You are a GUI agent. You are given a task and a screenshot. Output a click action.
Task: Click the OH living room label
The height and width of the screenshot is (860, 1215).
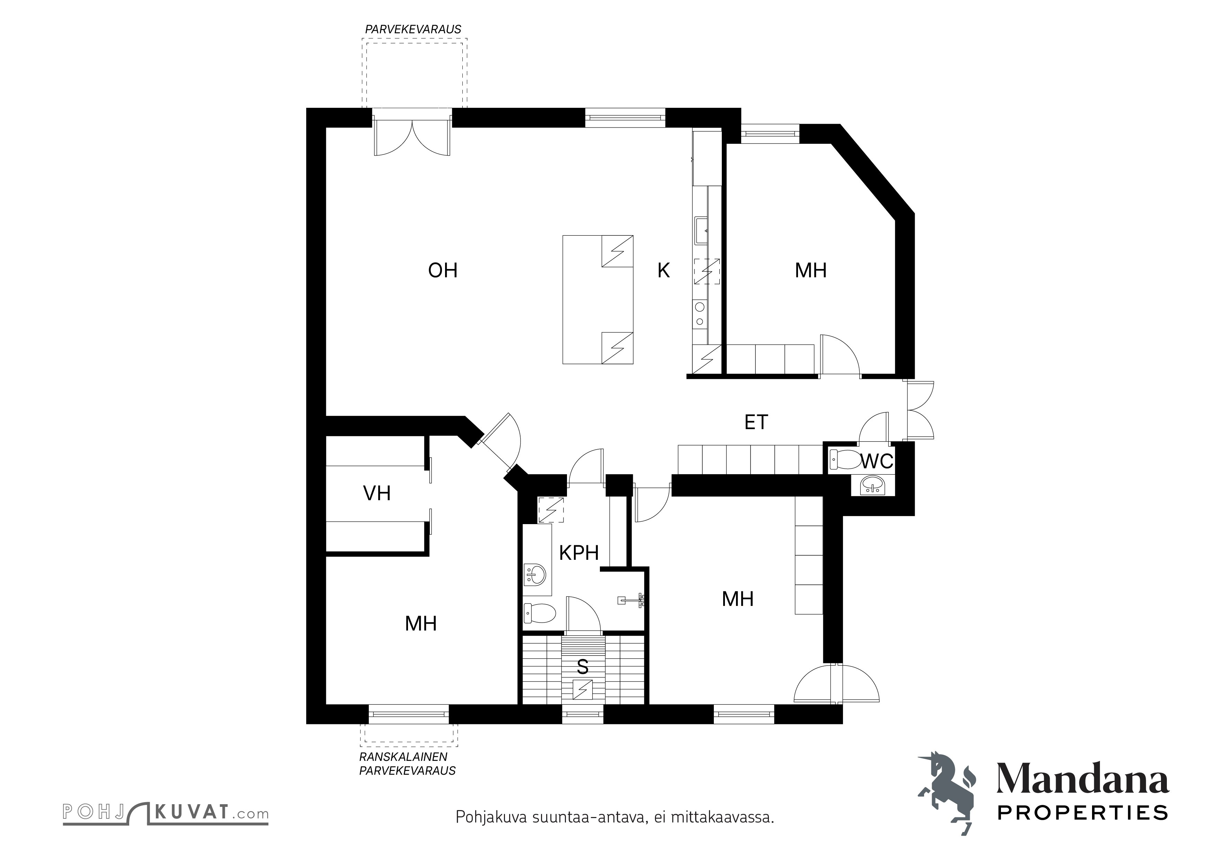(442, 271)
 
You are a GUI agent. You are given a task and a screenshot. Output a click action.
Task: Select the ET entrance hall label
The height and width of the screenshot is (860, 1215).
(756, 422)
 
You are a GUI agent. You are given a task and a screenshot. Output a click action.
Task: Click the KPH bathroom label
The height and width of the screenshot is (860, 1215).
(579, 553)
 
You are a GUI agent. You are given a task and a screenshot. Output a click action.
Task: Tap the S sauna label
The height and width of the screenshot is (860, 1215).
(583, 667)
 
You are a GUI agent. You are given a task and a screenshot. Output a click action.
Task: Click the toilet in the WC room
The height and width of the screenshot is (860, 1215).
(846, 459)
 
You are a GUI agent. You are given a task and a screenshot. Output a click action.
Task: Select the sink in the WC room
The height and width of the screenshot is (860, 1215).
(872, 485)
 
